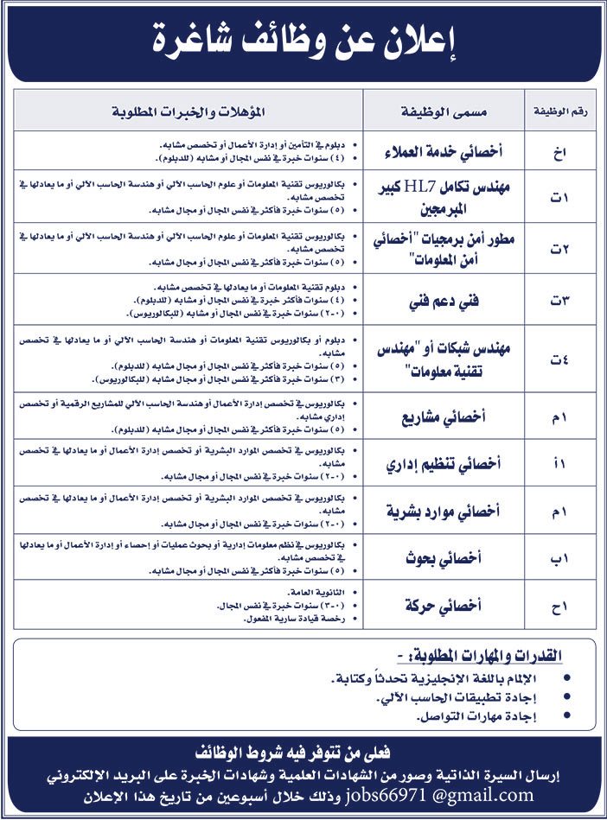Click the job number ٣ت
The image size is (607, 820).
559,303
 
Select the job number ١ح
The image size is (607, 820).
559,606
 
